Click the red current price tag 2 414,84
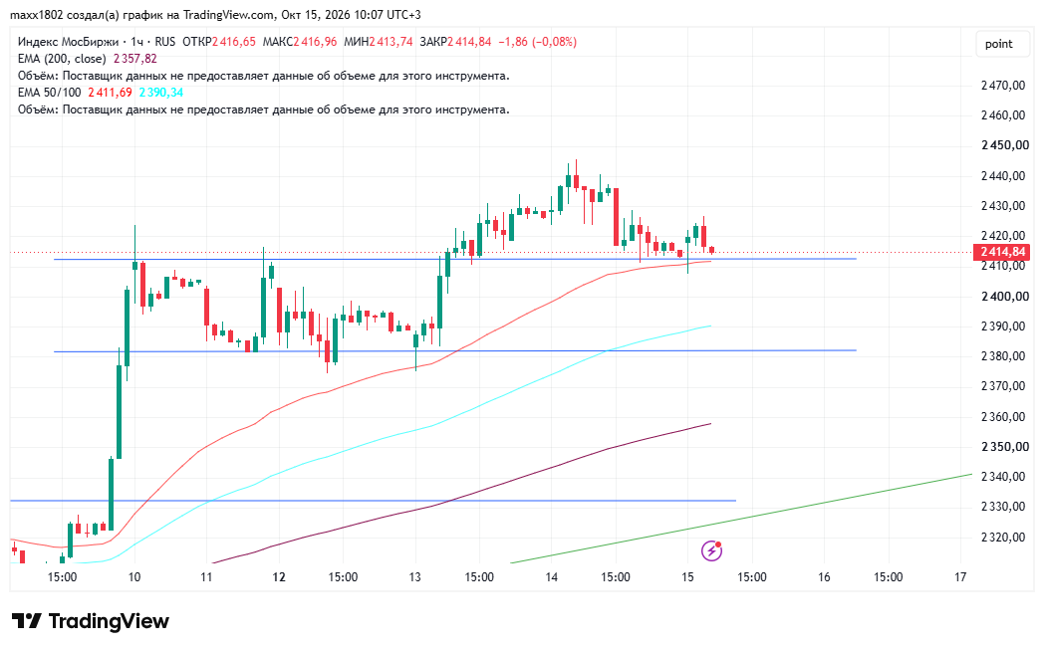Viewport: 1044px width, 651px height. coord(1001,252)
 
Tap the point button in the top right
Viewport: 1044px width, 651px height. coord(998,44)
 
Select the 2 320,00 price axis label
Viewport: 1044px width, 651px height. coord(1003,538)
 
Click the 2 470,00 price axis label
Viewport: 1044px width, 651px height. coord(1003,86)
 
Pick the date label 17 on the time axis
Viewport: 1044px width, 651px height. coord(960,576)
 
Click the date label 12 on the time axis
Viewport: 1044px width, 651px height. coord(279,576)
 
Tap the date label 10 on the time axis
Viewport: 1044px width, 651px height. coord(134,576)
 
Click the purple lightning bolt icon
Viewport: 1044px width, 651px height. coord(711,550)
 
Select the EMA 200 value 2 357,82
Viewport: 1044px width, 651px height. coord(135,59)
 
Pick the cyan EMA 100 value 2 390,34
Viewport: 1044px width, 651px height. coord(161,93)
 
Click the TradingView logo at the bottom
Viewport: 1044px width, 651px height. coord(91,622)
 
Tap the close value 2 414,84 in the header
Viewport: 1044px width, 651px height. coord(469,42)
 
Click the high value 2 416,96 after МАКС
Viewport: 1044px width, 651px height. coord(315,42)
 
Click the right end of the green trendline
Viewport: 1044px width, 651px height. coord(972,474)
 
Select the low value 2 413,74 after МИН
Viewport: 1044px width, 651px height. coord(391,42)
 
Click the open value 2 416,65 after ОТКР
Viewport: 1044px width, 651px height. coord(234,42)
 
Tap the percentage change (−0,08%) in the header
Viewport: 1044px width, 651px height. coord(554,42)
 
